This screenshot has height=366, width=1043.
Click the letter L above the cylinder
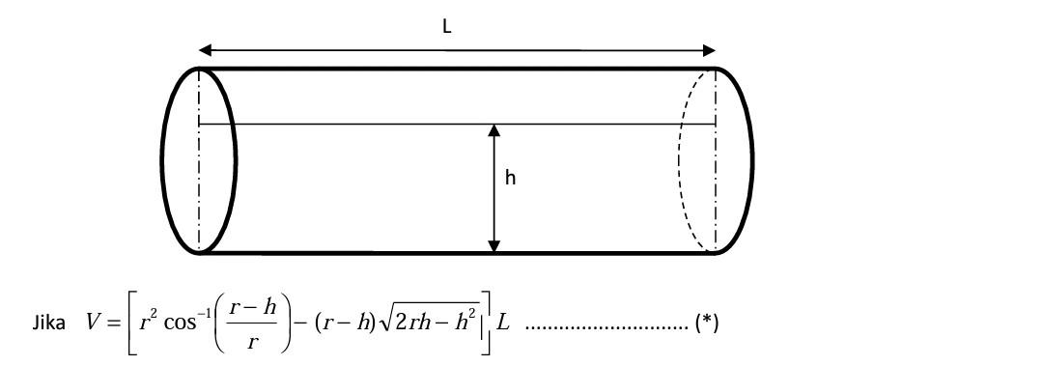click(x=446, y=27)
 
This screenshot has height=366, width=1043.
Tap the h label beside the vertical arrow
click(x=510, y=178)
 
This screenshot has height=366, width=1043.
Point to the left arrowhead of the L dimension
click(x=204, y=50)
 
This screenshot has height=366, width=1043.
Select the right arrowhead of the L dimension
click(x=710, y=50)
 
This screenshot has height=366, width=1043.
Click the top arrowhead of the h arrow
click(x=493, y=130)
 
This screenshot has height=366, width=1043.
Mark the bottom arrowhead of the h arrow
click(x=493, y=246)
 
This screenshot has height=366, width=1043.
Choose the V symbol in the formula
click(x=93, y=323)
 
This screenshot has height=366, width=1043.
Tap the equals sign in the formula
click(x=114, y=323)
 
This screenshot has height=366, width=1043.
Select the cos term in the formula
click(x=179, y=323)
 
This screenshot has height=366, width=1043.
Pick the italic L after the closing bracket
click(x=503, y=323)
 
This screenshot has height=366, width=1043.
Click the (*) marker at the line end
click(x=707, y=323)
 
